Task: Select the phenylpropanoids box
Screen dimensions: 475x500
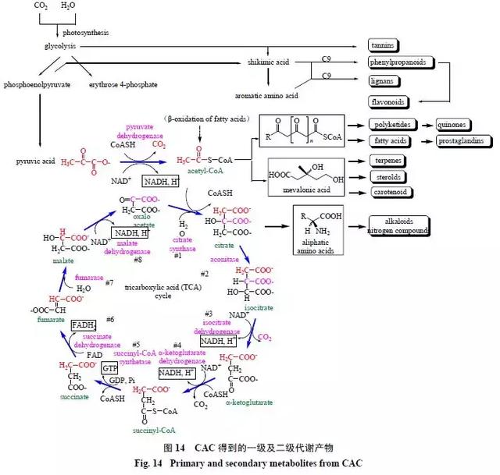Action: tap(398, 62)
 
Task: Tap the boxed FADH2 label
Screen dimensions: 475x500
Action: tap(83, 324)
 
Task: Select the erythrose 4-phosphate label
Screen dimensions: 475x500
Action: tap(123, 83)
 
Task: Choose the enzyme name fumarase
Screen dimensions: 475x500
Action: tap(87, 277)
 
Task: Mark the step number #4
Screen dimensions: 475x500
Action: tap(177, 345)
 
